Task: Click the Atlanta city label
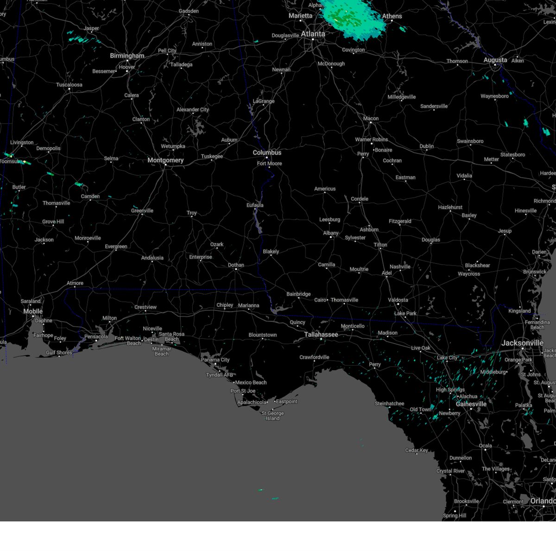[313, 34]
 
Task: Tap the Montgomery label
[165, 160]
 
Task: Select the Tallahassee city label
[321, 335]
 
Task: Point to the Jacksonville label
[522, 343]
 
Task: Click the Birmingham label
[127, 56]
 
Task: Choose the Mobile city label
[33, 311]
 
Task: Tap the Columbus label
[267, 152]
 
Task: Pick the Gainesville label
[471, 404]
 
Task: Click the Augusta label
[495, 60]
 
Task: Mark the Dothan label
[236, 265]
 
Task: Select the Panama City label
[215, 360]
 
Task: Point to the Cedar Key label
[417, 450]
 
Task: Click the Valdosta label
[398, 300]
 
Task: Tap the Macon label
[371, 119]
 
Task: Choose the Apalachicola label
[252, 402]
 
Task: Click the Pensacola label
[96, 336]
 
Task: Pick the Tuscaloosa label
[69, 85]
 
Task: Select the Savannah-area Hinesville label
[525, 210]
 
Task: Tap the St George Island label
[272, 416]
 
